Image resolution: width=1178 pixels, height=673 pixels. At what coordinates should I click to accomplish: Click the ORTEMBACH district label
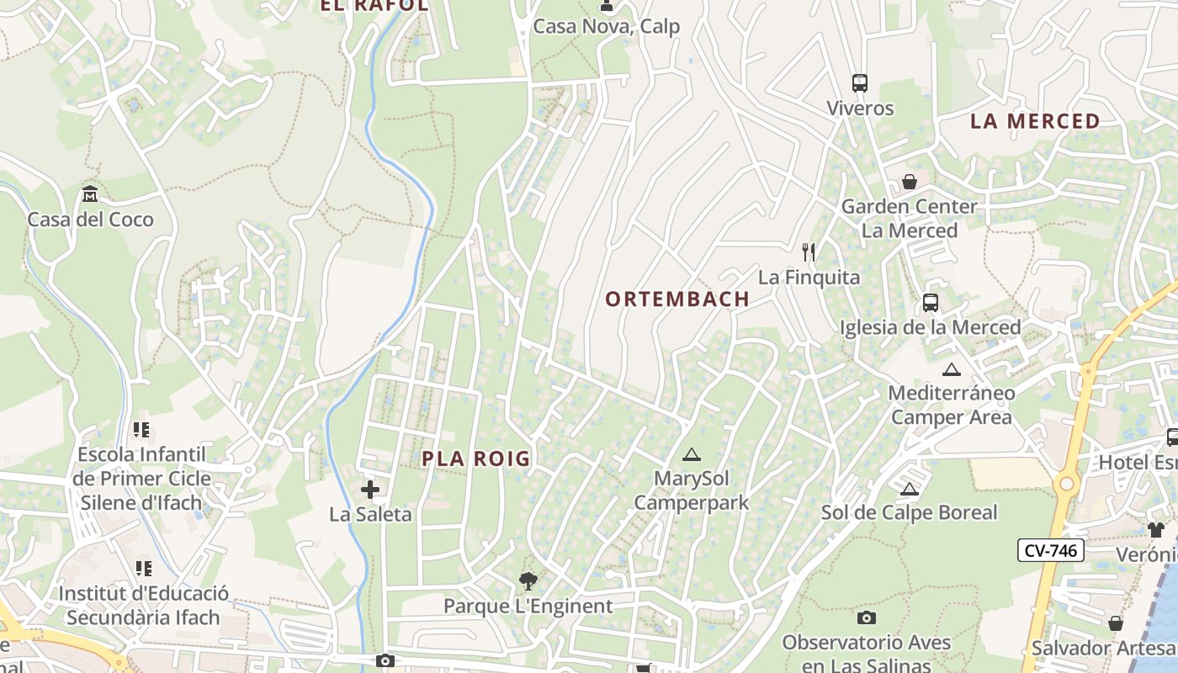[677, 299]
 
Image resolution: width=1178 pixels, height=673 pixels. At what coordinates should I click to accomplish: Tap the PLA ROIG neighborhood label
[476, 458]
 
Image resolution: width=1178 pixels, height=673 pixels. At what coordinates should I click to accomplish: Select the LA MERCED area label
[1035, 121]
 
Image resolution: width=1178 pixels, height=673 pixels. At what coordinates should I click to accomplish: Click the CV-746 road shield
[1051, 551]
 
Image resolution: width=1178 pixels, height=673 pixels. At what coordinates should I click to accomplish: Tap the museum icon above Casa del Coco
[90, 195]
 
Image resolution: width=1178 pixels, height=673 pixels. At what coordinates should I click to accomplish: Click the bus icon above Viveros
[859, 83]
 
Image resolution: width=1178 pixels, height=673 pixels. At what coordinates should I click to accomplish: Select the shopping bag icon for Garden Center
[910, 182]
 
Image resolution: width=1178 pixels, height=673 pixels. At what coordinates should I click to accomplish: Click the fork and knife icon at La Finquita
[809, 252]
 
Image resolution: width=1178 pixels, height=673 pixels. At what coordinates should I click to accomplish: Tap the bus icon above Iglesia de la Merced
[930, 303]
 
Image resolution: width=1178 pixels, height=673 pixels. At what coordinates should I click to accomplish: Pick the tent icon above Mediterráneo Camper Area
[951, 369]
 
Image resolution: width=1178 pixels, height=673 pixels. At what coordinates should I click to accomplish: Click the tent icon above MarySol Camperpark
[692, 455]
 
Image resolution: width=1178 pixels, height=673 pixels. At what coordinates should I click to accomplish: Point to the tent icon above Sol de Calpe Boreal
[909, 489]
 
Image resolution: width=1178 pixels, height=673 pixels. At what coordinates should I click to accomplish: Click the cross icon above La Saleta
[369, 490]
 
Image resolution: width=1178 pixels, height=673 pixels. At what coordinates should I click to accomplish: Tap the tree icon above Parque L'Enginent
[528, 580]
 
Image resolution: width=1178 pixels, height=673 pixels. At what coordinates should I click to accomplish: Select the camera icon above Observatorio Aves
[867, 618]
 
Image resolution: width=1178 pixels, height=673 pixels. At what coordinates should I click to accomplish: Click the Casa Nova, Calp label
[606, 27]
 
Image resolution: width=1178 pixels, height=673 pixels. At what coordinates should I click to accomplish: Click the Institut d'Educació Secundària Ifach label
[143, 605]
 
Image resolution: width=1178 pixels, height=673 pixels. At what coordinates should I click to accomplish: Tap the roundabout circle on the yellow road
[1067, 484]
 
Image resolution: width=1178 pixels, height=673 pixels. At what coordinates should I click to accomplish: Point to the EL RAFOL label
[374, 5]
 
